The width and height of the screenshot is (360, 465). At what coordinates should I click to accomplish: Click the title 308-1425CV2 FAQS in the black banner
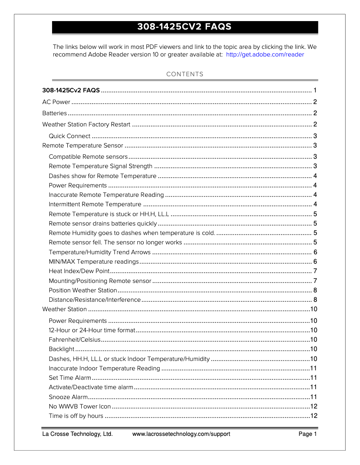click(184, 27)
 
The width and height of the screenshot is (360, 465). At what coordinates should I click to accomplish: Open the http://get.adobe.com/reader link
click(265, 55)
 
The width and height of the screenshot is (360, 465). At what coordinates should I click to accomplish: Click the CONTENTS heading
click(184, 74)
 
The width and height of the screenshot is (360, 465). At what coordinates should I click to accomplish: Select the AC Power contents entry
click(56, 102)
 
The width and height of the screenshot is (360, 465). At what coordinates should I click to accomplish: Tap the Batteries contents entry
click(54, 113)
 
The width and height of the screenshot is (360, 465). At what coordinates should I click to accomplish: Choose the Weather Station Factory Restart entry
click(86, 124)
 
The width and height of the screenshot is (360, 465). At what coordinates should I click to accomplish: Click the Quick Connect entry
click(70, 136)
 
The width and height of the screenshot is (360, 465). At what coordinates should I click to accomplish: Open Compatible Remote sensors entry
click(88, 156)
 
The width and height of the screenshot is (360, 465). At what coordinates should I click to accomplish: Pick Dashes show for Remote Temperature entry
click(102, 176)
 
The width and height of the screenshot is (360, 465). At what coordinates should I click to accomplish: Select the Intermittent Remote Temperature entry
click(95, 204)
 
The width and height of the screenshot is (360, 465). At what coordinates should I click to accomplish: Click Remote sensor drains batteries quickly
click(103, 223)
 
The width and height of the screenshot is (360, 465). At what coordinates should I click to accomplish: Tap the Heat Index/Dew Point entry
click(79, 271)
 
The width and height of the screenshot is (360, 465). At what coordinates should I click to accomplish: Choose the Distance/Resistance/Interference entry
click(95, 300)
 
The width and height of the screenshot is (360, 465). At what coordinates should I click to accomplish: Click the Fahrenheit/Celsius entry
click(75, 339)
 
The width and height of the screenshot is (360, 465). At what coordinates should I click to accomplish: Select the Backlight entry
click(61, 349)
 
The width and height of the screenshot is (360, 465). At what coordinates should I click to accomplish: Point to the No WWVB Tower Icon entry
click(79, 406)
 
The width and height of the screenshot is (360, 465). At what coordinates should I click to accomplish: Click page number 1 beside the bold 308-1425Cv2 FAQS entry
click(316, 90)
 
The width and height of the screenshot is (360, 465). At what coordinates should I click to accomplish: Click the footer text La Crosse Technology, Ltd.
click(77, 434)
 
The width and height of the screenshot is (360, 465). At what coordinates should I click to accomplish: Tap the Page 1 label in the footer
click(308, 434)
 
